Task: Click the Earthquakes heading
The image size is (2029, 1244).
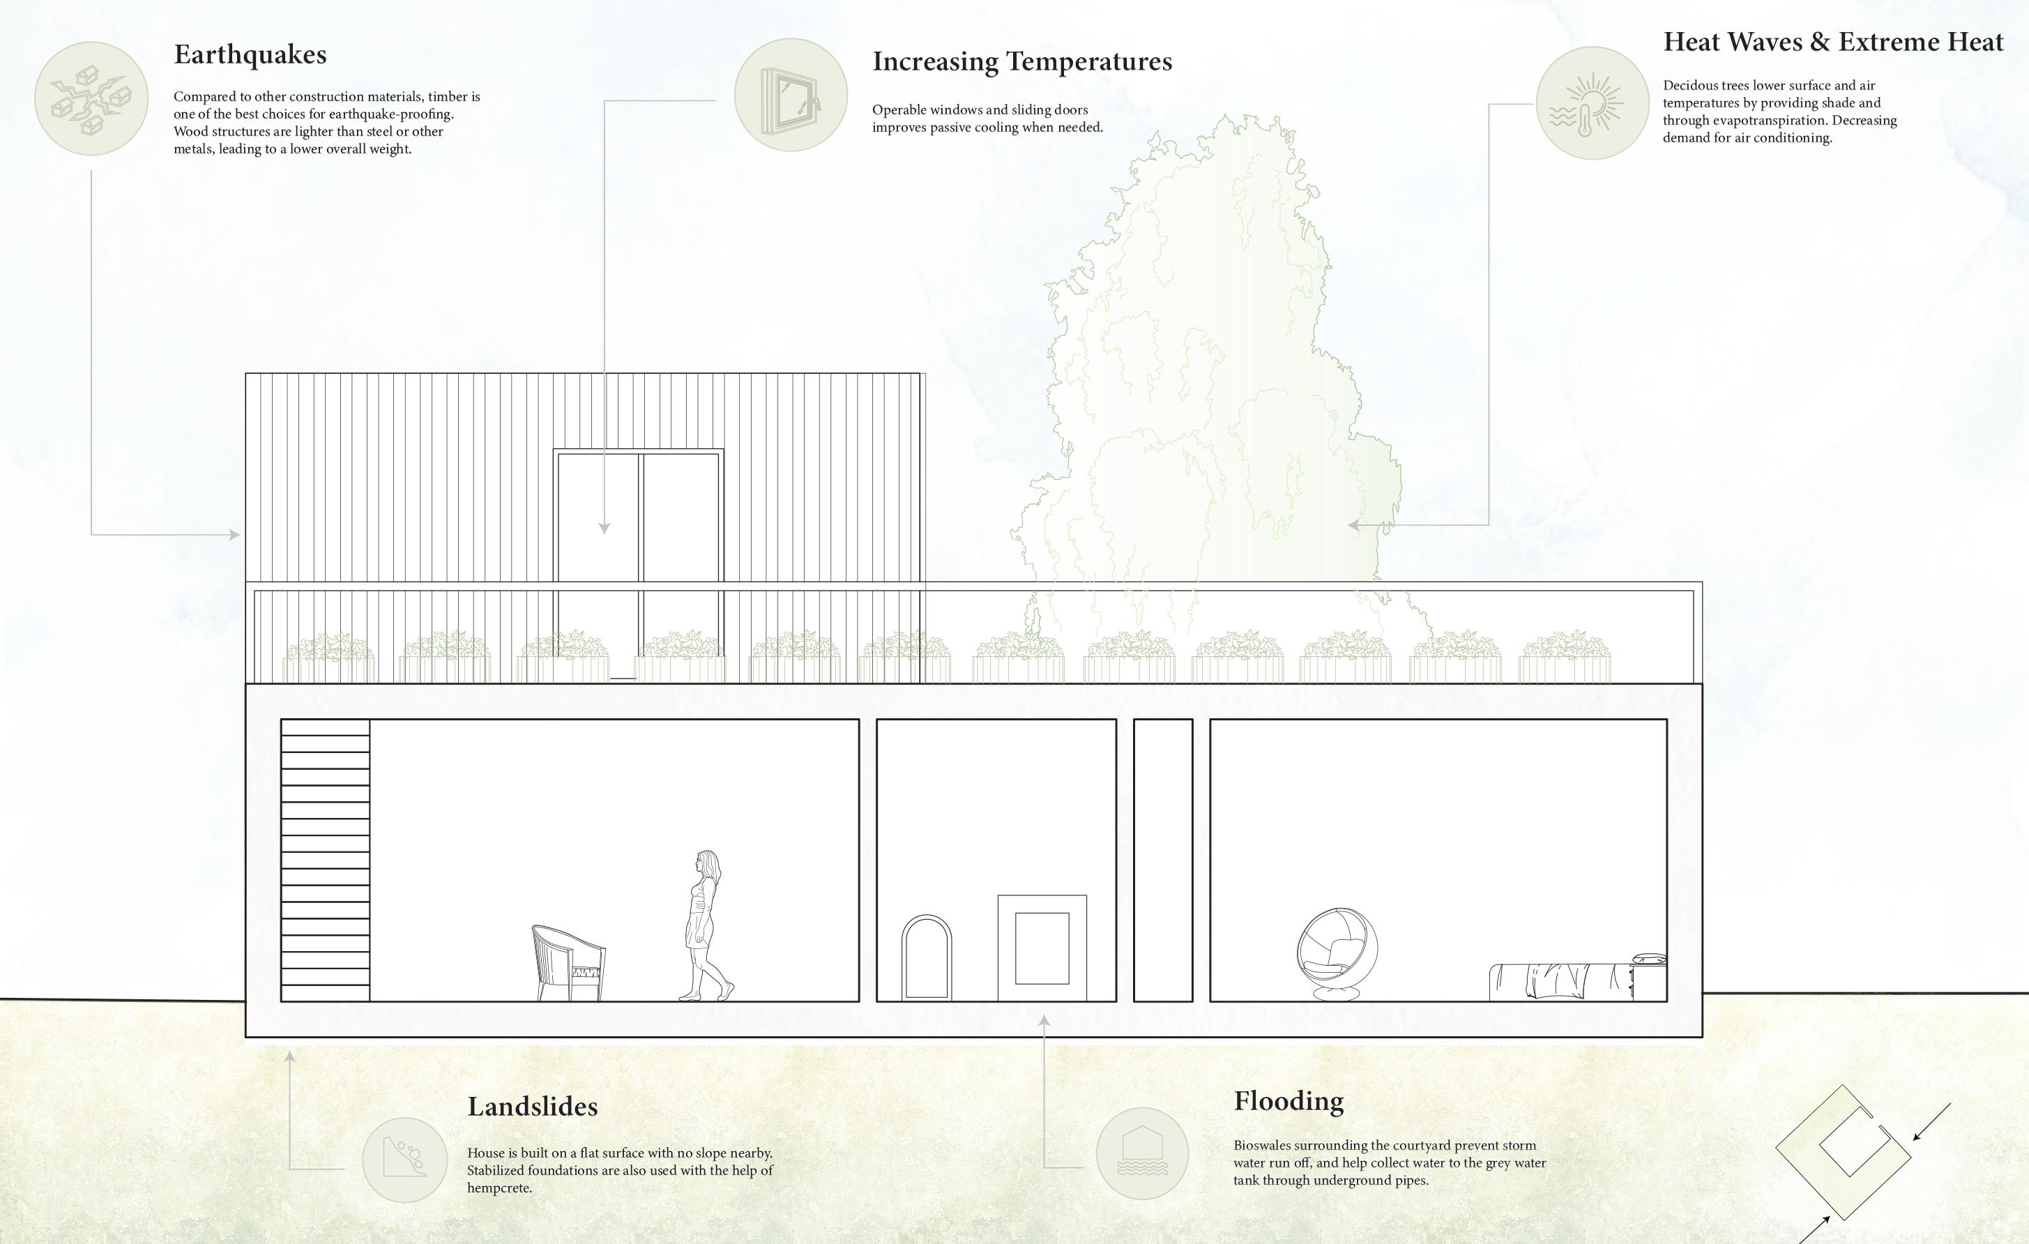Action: click(x=250, y=54)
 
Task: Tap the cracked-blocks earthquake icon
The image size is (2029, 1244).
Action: click(x=91, y=99)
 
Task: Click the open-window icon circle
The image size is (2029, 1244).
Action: click(x=791, y=95)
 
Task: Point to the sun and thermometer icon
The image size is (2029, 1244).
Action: click(x=1592, y=103)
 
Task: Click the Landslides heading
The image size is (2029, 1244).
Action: click(x=532, y=1106)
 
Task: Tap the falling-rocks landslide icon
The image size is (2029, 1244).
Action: click(x=404, y=1159)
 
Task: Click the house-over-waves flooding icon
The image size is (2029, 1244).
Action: click(x=1141, y=1153)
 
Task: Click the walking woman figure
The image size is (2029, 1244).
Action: click(x=705, y=925)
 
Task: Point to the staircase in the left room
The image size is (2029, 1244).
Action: click(x=325, y=860)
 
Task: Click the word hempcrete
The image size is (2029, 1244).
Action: click(x=499, y=1188)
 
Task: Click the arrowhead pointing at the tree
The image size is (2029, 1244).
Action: click(x=1353, y=524)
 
